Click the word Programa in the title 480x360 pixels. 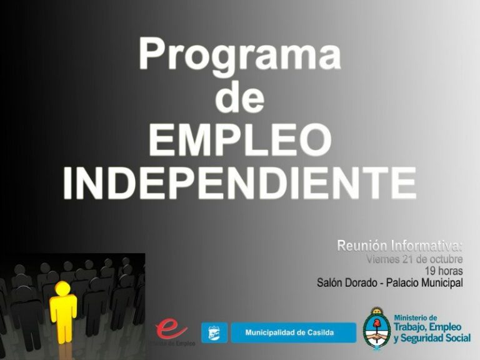240,55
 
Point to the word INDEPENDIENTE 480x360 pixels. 240,182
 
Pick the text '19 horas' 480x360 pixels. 444,271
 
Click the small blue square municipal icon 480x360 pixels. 214,332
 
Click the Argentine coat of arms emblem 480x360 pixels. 377,329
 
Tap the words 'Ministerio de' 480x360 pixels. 416,317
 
